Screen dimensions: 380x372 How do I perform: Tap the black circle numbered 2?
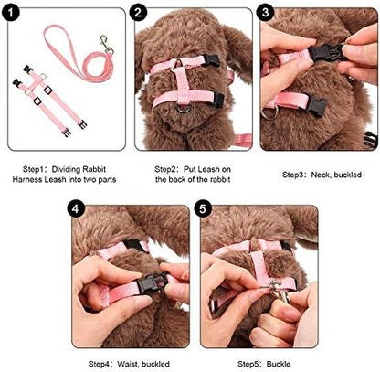click(x=138, y=13)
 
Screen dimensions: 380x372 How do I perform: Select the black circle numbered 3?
click(x=265, y=12)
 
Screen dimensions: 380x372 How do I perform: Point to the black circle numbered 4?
click(x=76, y=209)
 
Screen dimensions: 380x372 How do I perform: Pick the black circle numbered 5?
click(x=202, y=209)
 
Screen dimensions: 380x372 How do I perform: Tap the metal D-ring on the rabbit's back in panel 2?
click(x=183, y=108)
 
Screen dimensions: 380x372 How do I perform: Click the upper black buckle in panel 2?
click(x=210, y=60)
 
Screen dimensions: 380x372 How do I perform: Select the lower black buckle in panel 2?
click(x=217, y=100)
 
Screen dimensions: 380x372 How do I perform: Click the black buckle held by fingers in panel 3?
click(x=326, y=52)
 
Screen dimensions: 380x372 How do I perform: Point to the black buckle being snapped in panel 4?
click(x=153, y=283)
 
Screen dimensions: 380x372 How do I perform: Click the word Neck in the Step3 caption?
click(x=322, y=175)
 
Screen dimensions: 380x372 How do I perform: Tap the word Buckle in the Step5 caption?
click(x=279, y=364)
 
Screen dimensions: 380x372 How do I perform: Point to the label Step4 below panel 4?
click(x=99, y=364)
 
